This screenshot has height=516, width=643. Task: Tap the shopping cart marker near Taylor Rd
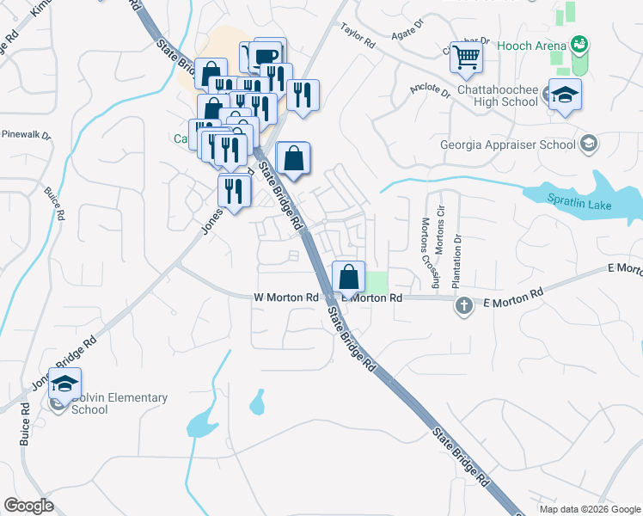(466, 58)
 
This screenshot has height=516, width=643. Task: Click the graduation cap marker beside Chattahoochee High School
(565, 95)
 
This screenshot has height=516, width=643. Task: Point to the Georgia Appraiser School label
(507, 144)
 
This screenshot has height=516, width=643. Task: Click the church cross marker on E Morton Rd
(464, 305)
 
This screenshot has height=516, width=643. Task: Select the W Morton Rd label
(286, 298)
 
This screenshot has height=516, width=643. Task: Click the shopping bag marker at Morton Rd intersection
(349, 279)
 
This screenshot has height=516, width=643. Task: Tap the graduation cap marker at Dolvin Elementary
(64, 385)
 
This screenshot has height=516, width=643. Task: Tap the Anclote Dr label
(430, 90)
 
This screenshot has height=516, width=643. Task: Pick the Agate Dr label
(407, 28)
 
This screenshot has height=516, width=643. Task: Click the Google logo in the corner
(28, 507)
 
